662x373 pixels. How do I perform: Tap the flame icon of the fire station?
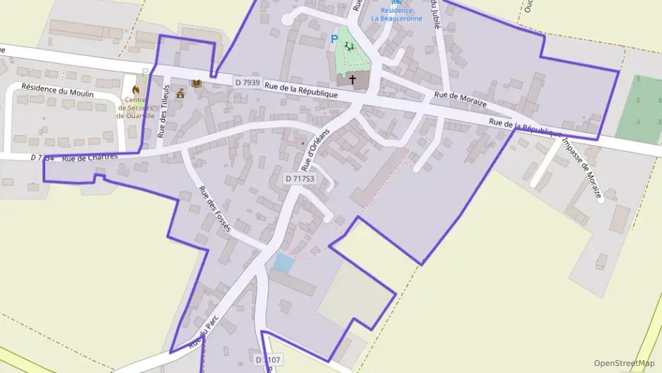(x=136, y=90)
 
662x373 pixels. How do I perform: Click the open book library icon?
(x=197, y=84)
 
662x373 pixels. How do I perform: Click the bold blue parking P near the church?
(x=335, y=38)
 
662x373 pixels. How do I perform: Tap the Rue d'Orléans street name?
(x=308, y=151)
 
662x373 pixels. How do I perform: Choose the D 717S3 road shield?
(x=299, y=179)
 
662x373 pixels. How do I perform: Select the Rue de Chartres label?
(x=88, y=158)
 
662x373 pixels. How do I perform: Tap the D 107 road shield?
(x=268, y=360)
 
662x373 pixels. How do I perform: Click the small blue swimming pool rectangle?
(x=284, y=263)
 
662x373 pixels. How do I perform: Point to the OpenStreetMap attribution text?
(x=625, y=362)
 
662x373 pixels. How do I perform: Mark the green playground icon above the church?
(x=348, y=46)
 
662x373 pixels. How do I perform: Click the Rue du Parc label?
(x=201, y=333)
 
